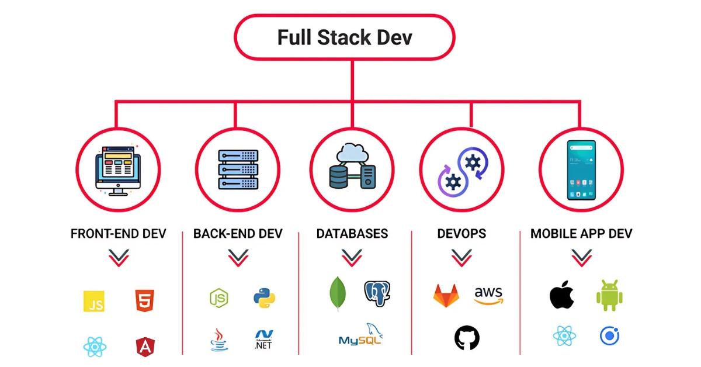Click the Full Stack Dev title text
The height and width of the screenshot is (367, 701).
tap(345, 37)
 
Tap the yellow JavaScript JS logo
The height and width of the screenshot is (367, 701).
tap(94, 301)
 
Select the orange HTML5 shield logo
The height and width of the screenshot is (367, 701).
tap(145, 300)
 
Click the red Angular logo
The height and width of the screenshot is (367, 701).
tap(145, 347)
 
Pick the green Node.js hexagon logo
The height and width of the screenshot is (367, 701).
tap(219, 298)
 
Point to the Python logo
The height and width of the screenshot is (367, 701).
tap(265, 298)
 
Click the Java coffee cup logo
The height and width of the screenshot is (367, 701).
tap(219, 340)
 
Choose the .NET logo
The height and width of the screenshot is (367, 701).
tap(263, 340)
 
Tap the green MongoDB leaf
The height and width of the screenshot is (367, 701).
tap(338, 294)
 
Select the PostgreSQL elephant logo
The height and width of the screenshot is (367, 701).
tap(377, 293)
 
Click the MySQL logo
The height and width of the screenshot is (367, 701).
tap(361, 334)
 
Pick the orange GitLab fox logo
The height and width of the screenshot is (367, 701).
tap(446, 296)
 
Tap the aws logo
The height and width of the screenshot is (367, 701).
tap(488, 295)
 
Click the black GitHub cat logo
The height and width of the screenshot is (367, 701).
tap(467, 338)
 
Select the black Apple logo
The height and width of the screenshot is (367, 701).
tap(562, 295)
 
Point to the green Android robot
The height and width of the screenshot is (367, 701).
tap(609, 295)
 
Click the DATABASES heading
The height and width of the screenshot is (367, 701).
tap(352, 234)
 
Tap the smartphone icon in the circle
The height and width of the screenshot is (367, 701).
tap(581, 170)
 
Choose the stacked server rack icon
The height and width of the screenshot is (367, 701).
tap(238, 169)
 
